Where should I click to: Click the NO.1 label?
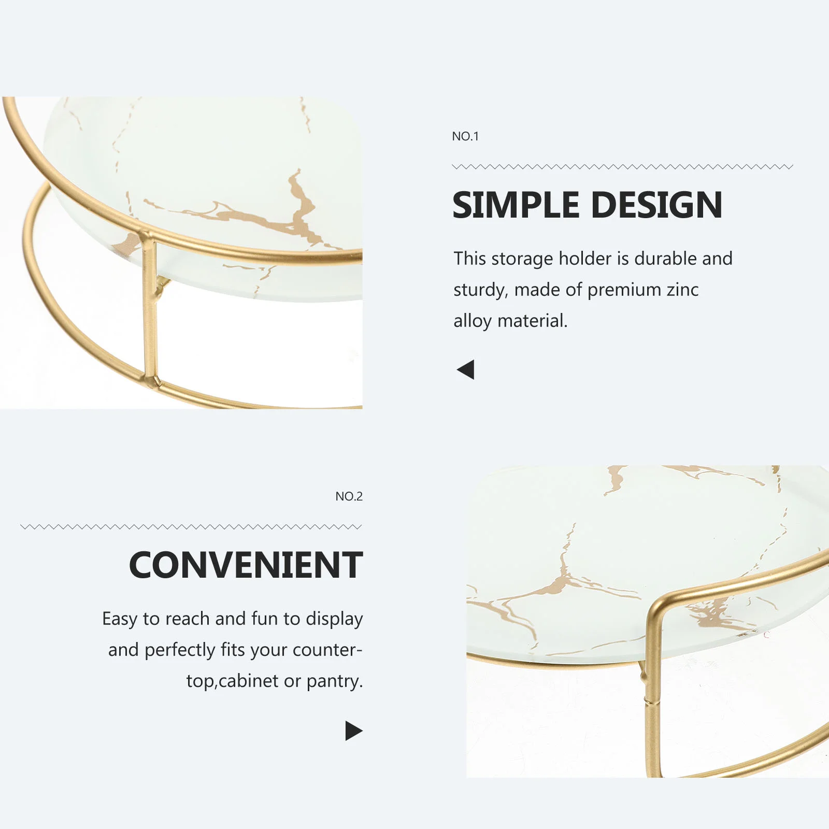pyautogui.click(x=465, y=136)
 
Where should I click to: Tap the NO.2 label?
pyautogui.click(x=349, y=496)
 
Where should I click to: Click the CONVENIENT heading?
pyautogui.click(x=246, y=565)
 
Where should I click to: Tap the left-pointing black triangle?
pyautogui.click(x=465, y=369)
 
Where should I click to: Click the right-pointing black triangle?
pyautogui.click(x=354, y=731)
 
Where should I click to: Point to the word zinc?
pyautogui.click(x=682, y=289)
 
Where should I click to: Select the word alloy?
pyautogui.click(x=473, y=321)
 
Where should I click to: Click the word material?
pyautogui.click(x=533, y=321)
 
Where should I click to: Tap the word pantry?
pyautogui.click(x=335, y=681)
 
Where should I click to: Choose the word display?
pyautogui.click(x=334, y=619)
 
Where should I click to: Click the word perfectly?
pyautogui.click(x=180, y=650)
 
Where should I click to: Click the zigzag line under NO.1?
pyautogui.click(x=622, y=167)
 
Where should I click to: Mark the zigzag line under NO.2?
pyautogui.click(x=191, y=527)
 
